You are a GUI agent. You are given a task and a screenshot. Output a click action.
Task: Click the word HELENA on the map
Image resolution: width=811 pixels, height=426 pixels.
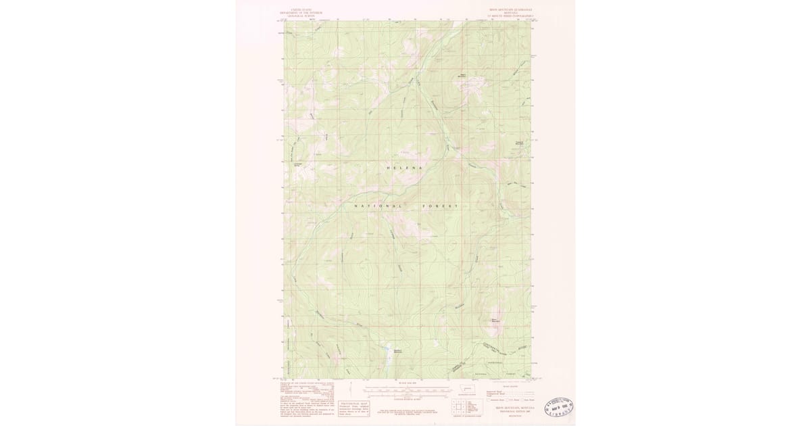[x=404, y=168]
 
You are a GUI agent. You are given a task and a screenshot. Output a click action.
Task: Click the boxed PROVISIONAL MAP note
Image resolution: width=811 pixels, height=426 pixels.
[x=354, y=408]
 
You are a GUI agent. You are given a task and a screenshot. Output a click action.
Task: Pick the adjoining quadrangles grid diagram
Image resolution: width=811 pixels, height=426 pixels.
[x=459, y=406]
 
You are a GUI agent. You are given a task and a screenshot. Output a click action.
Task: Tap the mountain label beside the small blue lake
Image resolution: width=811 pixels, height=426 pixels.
[x=399, y=350]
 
